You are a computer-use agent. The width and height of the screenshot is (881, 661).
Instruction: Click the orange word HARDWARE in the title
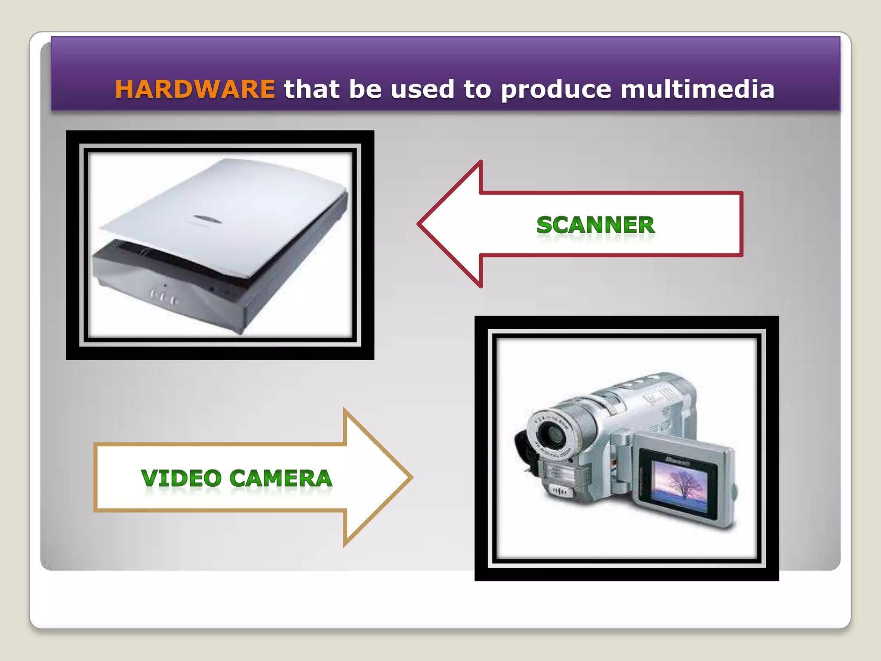pos(194,89)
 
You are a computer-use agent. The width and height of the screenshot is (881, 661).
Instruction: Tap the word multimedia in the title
pos(697,89)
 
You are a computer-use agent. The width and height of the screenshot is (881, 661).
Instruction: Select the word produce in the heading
pos(556,90)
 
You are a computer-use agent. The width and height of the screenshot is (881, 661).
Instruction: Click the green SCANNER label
pos(595,225)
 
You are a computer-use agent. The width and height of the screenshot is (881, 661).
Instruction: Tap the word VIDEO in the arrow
pos(181,478)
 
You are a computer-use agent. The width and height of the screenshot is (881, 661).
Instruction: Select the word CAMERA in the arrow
pos(281,478)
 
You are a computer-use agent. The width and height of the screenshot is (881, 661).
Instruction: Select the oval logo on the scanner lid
pos(207,219)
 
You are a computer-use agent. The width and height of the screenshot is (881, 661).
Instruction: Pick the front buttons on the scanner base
pos(163,297)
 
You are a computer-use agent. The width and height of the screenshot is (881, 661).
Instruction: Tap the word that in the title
pos(311,89)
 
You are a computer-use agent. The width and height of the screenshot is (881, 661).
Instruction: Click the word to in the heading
pos(477,89)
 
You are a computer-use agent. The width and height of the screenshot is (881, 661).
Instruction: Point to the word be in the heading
pos(365,89)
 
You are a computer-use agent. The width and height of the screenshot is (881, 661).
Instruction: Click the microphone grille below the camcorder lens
pos(560,490)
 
